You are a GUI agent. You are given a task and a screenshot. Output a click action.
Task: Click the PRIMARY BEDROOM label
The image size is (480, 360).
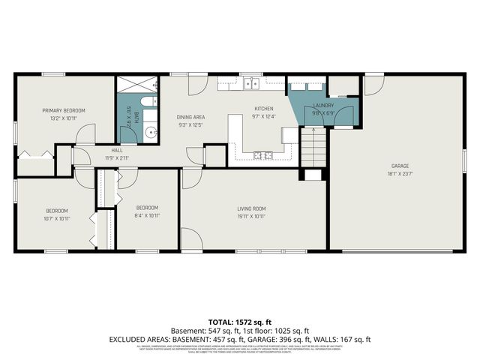[63, 111]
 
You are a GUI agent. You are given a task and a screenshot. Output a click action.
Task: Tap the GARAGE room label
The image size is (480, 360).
[400, 166]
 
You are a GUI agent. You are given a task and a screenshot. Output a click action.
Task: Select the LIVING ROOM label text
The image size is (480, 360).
[252, 208]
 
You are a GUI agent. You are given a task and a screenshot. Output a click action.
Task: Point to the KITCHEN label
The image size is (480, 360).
[264, 109]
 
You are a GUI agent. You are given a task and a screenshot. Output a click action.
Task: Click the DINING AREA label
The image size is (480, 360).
[190, 117]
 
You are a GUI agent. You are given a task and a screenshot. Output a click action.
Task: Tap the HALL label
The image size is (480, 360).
[117, 150]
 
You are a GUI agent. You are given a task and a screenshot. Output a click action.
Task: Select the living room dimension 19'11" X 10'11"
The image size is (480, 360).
[252, 216]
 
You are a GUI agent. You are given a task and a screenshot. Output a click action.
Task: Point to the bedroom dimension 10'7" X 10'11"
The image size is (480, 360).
[57, 219]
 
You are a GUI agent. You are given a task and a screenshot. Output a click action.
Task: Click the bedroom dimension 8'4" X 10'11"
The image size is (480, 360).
[147, 216]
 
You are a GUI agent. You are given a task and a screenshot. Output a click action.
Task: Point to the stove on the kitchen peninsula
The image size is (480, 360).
[263, 155]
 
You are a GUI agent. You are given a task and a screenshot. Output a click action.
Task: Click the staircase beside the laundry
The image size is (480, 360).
[314, 147]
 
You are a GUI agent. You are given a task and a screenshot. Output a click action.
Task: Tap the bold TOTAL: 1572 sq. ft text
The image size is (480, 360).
[239, 320]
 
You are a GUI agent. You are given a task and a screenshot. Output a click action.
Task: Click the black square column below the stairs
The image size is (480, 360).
[308, 175]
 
